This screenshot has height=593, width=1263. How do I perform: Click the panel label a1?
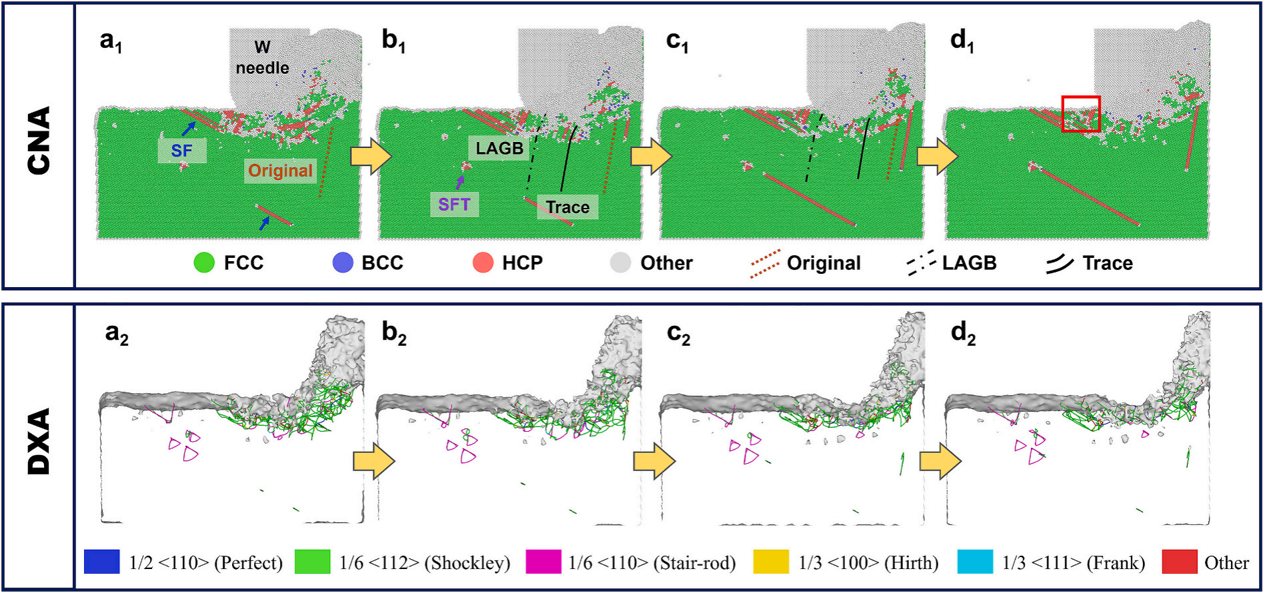(111, 41)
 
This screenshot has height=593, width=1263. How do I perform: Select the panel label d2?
(963, 334)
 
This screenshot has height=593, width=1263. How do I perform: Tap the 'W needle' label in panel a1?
(262, 58)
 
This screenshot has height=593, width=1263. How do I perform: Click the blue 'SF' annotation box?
(181, 151)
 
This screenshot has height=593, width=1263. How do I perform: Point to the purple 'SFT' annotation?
(454, 204)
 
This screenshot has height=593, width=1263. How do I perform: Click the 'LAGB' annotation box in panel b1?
(499, 148)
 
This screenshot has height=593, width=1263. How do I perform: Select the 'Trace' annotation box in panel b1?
(567, 207)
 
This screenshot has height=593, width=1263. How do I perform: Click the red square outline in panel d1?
(1080, 114)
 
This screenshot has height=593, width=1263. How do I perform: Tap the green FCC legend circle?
(204, 263)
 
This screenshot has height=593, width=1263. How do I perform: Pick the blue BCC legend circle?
(343, 263)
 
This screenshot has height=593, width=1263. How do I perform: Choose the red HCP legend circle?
(483, 263)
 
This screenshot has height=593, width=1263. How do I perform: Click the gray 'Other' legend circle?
(620, 263)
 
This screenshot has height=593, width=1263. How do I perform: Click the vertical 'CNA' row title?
(39, 141)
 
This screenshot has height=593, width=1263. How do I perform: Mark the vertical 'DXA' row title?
(39, 442)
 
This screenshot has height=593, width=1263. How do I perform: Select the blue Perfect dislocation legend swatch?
(102, 562)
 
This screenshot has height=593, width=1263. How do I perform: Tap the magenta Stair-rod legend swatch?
(543, 562)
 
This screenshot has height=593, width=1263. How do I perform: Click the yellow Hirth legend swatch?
(771, 562)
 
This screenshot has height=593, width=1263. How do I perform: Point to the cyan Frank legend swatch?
(975, 562)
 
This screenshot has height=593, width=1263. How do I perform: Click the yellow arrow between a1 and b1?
(371, 157)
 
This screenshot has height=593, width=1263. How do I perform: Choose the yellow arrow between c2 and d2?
(940, 460)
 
